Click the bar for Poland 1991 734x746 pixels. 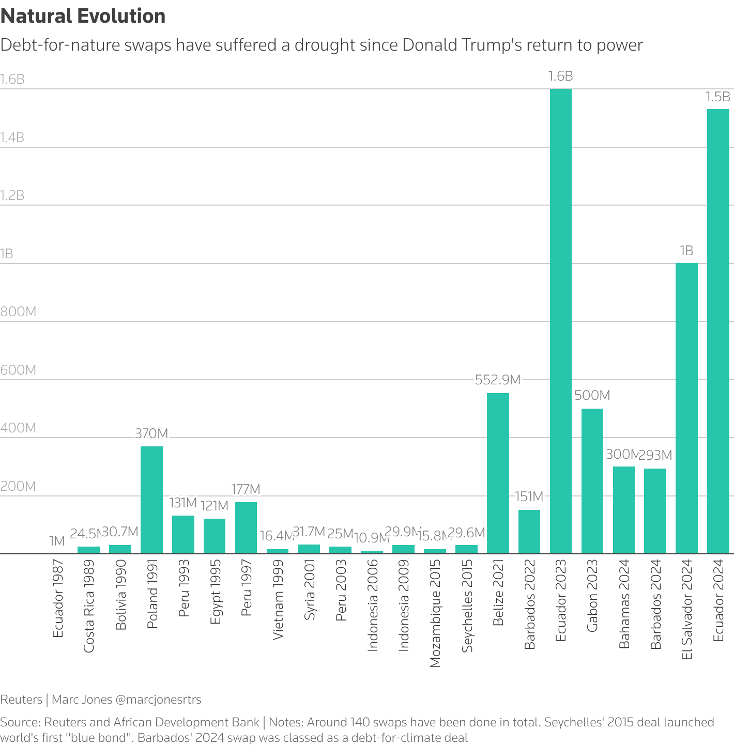pos(151,500)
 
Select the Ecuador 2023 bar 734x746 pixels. pos(560,321)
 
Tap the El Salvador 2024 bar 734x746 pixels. pos(686,408)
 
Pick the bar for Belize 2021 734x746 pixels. pos(498,473)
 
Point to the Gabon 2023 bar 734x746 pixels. pos(592,481)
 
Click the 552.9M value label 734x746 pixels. pos(497,380)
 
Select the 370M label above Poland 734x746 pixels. pos(151,433)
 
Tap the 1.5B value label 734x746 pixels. pos(718,97)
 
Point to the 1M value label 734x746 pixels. pos(57,541)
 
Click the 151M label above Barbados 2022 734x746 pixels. pos(529,496)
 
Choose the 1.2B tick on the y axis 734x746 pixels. pos(12,195)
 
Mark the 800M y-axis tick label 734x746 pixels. pos(18,312)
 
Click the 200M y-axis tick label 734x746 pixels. pos(18,486)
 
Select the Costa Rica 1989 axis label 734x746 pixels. pos(89,605)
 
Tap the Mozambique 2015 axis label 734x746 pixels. pos(435,613)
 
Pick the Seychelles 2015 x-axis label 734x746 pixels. pos(467,605)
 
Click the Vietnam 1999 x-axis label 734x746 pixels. pos(278,599)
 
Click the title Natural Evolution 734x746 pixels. pos(83,16)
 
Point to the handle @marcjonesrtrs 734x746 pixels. pos(158,700)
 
